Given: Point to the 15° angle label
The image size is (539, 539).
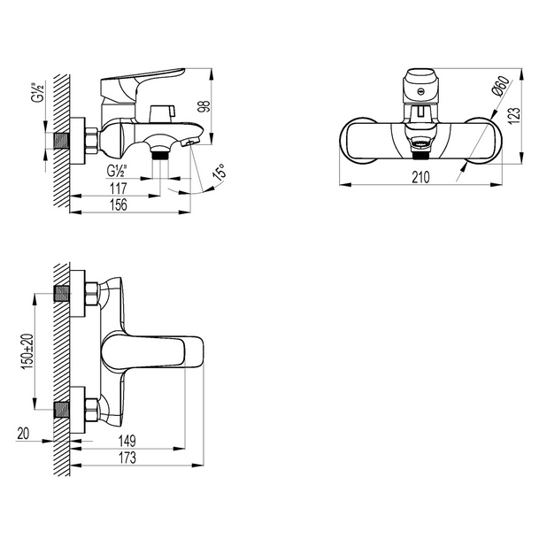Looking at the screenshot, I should click(217, 171).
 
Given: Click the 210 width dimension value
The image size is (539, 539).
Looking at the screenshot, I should click(420, 178).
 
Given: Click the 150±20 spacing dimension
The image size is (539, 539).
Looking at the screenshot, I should click(27, 350).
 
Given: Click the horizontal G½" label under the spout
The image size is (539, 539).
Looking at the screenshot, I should click(118, 170).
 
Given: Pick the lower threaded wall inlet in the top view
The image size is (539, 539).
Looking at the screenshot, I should click(62, 409).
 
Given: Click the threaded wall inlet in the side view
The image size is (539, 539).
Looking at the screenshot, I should click(62, 141).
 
